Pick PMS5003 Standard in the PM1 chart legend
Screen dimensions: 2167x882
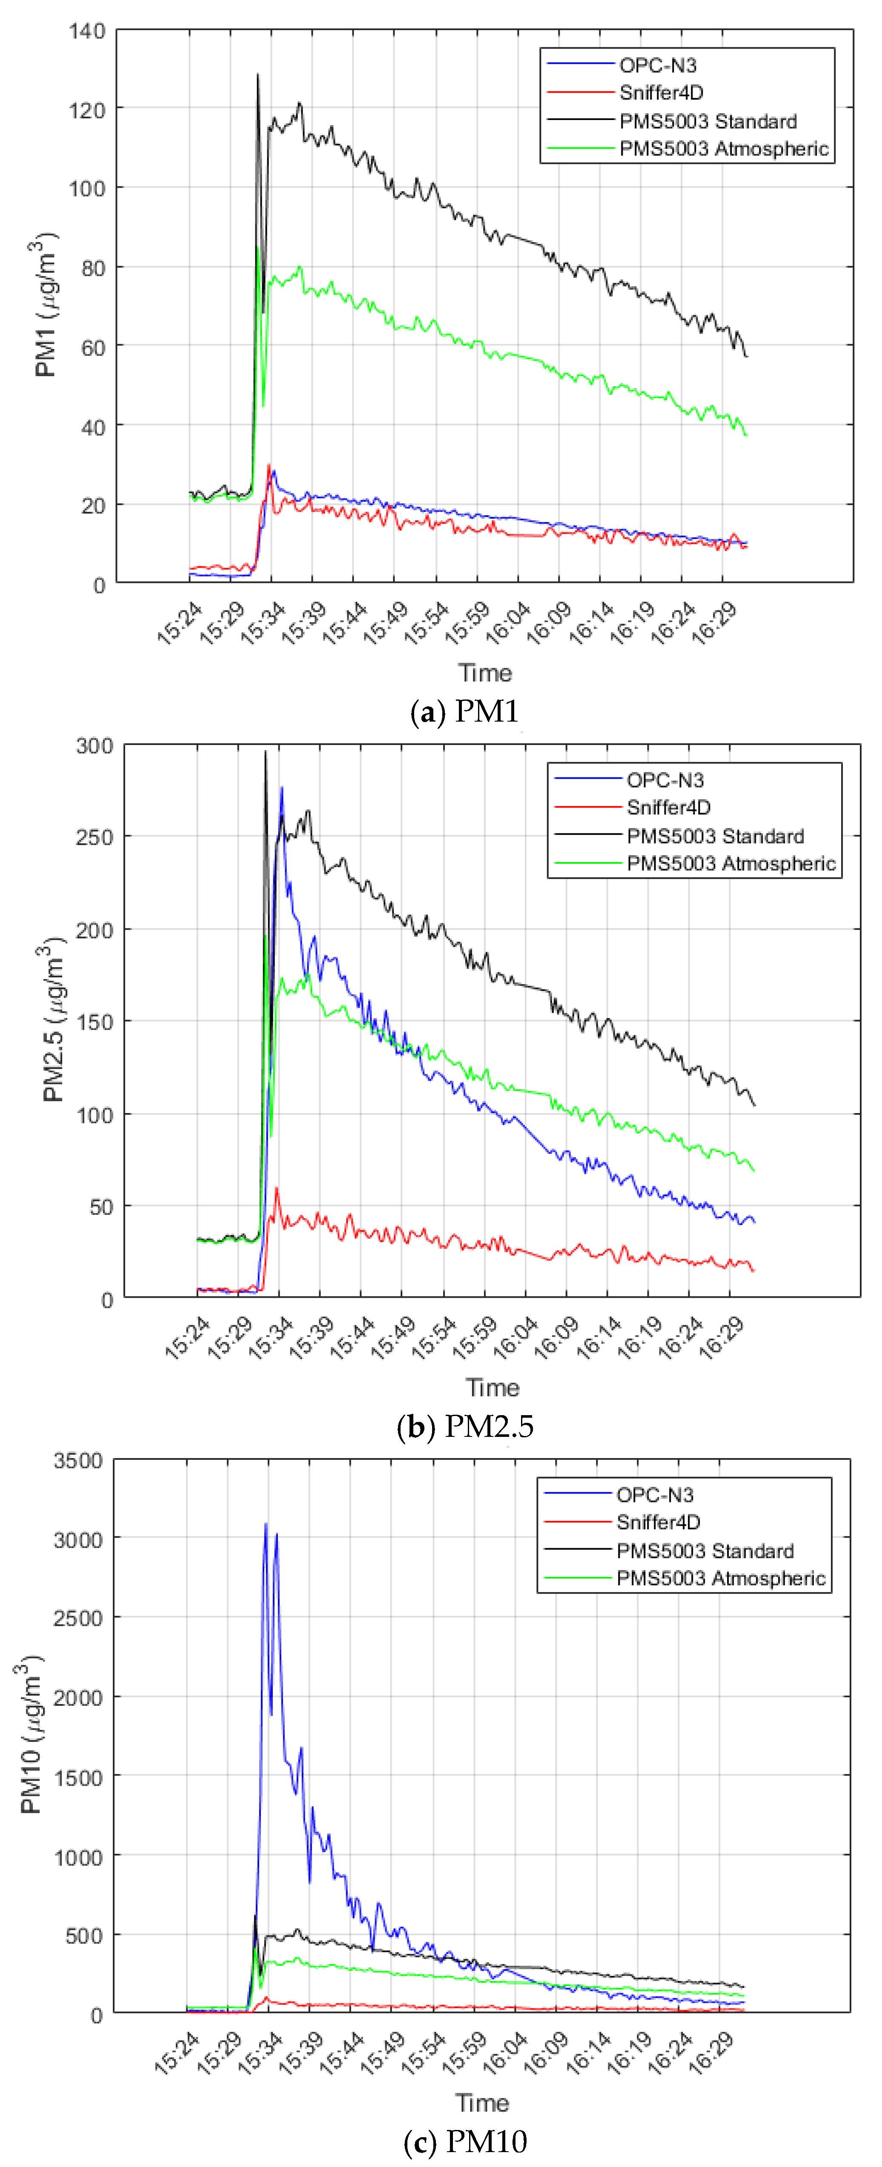click(x=708, y=121)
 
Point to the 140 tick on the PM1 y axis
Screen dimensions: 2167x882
click(x=88, y=32)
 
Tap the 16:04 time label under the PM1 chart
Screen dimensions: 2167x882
click(x=508, y=623)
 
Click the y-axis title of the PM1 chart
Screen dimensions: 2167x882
click(x=46, y=307)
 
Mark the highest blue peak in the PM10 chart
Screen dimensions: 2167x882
click(x=266, y=1524)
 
